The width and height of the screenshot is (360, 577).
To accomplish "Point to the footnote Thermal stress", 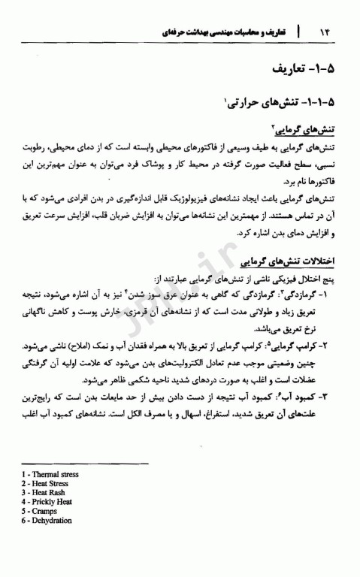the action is pyautogui.click(x=53, y=475).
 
